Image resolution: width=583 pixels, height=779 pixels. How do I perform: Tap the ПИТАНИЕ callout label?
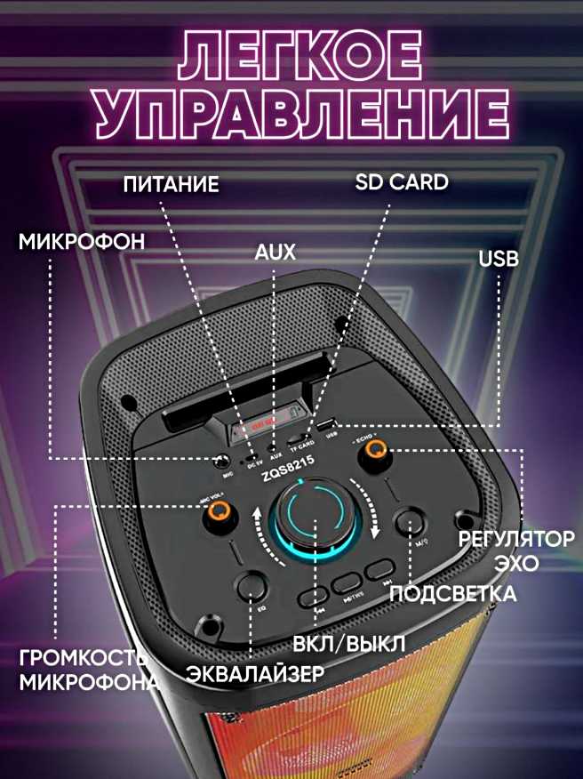[x=171, y=185]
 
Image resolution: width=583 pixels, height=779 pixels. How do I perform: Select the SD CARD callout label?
[x=402, y=183]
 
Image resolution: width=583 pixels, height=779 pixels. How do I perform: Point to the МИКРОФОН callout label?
[x=81, y=242]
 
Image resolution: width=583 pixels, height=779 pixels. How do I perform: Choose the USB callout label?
[x=499, y=259]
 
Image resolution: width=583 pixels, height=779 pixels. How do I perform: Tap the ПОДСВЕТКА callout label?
[x=453, y=593]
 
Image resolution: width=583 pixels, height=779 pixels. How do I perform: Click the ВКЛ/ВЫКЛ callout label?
[x=348, y=643]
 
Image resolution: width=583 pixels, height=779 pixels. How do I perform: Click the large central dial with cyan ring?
[x=312, y=517]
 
